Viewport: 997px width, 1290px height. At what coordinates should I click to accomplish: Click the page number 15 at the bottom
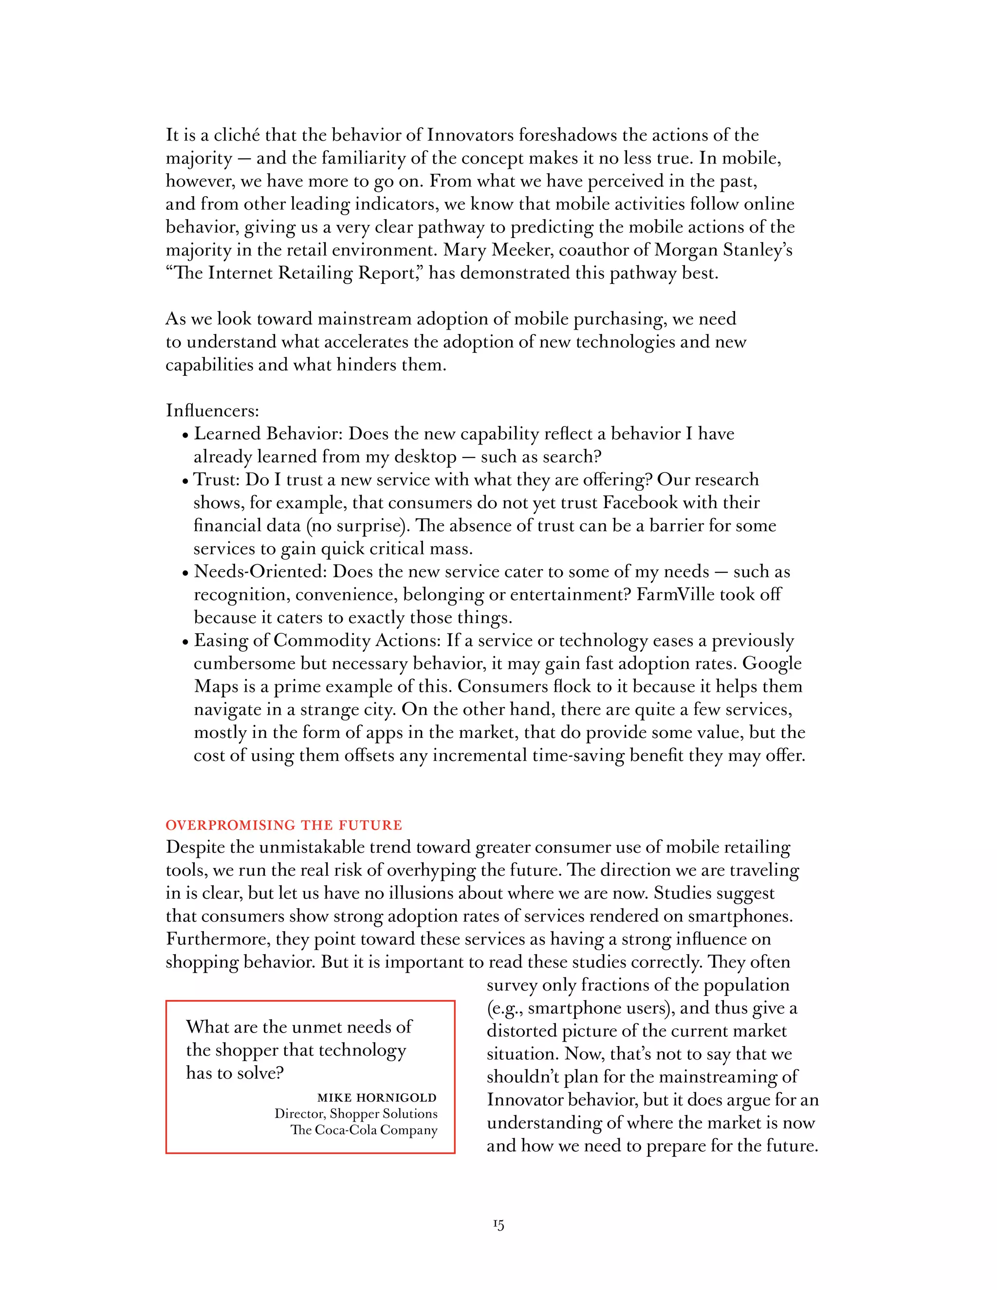tap(498, 1225)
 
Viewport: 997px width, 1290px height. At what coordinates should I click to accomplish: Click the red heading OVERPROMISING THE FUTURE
tap(283, 825)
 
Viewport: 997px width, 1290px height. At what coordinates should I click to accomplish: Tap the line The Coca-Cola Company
tap(364, 1130)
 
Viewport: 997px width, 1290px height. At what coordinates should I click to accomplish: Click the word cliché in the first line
tap(236, 135)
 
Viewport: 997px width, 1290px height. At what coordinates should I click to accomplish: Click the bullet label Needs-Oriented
tap(260, 572)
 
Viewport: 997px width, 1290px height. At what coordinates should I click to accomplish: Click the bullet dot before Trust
tap(185, 481)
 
